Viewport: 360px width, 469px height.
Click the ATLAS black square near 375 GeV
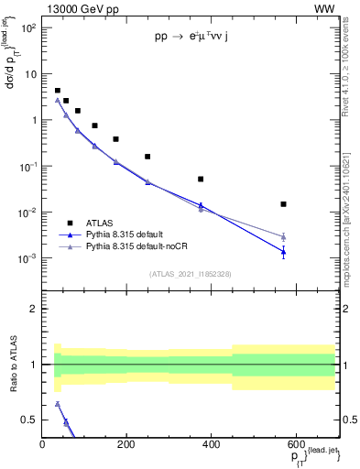click(x=201, y=180)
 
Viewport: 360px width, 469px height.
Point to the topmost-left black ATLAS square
click(x=57, y=91)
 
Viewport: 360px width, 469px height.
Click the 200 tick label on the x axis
click(x=126, y=444)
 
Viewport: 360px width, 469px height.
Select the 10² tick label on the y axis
click(x=27, y=27)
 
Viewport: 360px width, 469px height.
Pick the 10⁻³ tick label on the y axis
click(x=27, y=259)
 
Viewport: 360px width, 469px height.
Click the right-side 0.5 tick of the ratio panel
click(x=349, y=420)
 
